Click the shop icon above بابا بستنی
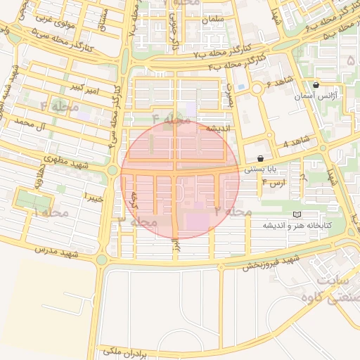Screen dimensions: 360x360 click(261, 159)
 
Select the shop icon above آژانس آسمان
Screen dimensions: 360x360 click(316, 84)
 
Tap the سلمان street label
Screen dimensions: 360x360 click(211, 20)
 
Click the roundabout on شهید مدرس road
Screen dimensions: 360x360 click(101, 259)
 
